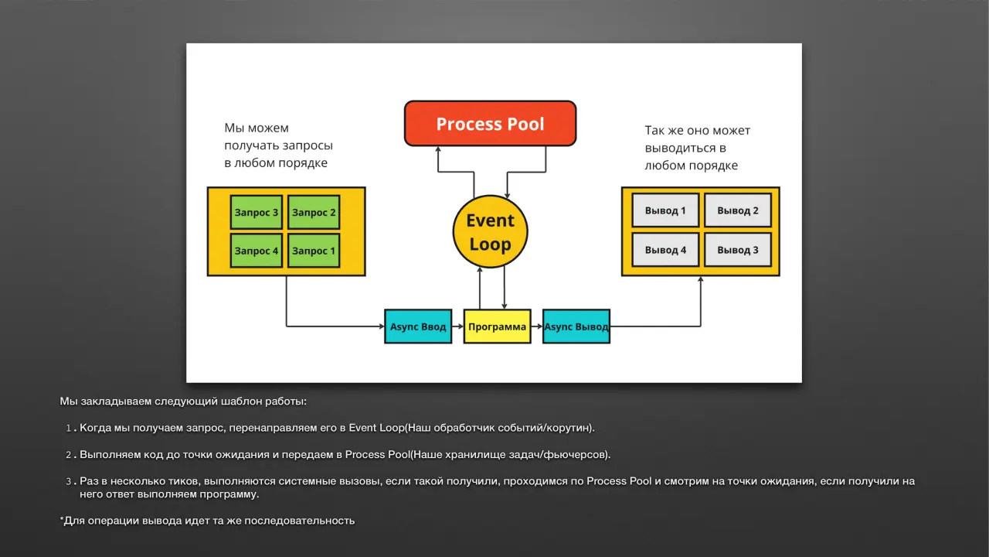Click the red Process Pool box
[490, 123]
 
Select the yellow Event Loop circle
[490, 231]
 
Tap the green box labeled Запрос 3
[256, 212]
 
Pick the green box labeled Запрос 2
[314, 212]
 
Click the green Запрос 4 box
[256, 251]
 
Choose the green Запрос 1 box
[314, 251]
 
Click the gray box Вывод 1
[665, 210]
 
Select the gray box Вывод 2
[738, 210]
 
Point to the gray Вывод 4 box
[665, 250]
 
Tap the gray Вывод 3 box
[738, 250]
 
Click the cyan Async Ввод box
[418, 326]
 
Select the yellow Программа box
[497, 326]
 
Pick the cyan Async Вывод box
[576, 326]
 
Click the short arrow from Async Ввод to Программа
[458, 326]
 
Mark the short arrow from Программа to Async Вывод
[537, 326]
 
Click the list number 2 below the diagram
[69, 455]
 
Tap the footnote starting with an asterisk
[207, 521]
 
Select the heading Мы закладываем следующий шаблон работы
[183, 402]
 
